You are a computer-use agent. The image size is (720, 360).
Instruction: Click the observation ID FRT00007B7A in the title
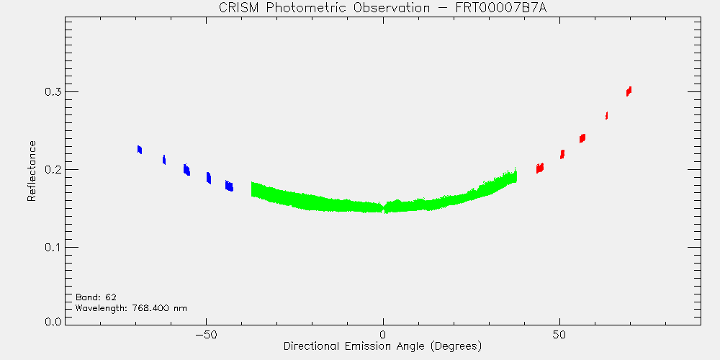pos(501,9)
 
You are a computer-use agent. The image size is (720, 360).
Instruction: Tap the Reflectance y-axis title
pos(31,171)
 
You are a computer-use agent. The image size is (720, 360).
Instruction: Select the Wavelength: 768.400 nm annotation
pos(131,308)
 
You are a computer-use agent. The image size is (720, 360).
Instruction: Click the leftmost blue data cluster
pos(140,150)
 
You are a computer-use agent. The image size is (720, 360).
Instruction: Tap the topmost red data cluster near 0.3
pos(629,91)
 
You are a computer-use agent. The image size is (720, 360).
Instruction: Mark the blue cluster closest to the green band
pos(229,186)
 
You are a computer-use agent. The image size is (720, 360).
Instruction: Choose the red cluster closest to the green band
pos(540,168)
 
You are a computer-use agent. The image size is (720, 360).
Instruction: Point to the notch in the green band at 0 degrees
pos(384,207)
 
